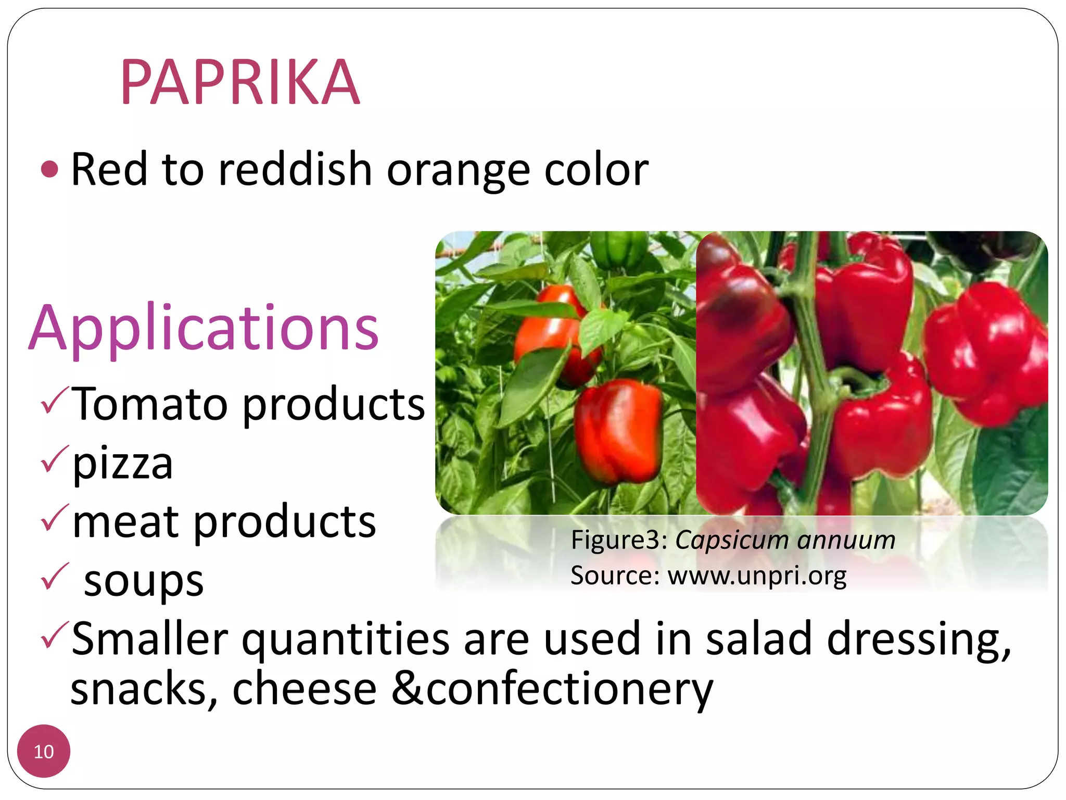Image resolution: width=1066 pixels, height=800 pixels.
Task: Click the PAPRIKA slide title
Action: click(240, 82)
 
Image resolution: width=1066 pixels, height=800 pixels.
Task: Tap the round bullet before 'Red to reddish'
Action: click(49, 169)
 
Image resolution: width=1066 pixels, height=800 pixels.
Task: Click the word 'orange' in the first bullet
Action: click(458, 170)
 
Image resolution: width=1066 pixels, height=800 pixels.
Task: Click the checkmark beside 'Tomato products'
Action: click(54, 401)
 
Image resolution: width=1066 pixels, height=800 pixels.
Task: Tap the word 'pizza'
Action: click(123, 464)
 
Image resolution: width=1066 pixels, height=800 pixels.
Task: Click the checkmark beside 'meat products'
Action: click(54, 518)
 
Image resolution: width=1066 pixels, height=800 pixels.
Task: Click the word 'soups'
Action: click(144, 581)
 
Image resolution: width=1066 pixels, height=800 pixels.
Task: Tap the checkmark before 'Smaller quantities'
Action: click(54, 635)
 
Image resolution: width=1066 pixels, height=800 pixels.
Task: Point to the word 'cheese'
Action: click(304, 689)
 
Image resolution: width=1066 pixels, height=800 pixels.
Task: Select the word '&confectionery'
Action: click(552, 689)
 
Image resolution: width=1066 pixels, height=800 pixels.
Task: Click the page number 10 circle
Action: click(44, 751)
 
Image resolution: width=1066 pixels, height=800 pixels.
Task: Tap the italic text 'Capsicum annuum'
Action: click(785, 540)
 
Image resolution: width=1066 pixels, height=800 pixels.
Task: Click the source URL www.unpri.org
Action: click(757, 576)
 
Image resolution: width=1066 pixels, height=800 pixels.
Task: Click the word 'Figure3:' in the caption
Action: click(619, 540)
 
